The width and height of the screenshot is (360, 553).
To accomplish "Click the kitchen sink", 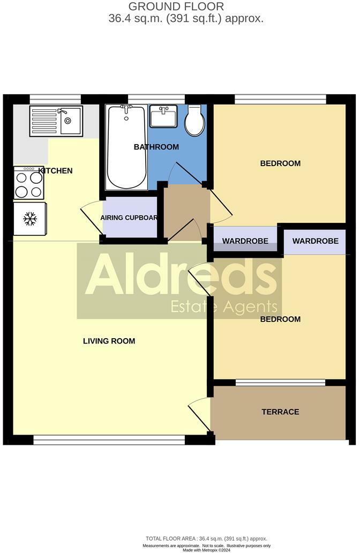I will point(56,120).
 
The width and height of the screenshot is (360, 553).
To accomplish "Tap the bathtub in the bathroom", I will point(126,147).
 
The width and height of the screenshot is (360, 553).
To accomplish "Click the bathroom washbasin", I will point(163,116).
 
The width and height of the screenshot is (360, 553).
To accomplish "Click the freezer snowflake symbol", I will point(29,218).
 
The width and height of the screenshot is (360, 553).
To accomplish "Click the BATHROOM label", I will point(156,147).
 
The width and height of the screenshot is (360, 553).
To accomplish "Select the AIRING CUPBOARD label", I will point(129,218).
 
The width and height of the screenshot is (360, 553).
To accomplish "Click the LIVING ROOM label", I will point(109,341).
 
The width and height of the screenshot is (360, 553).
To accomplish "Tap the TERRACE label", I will point(280,412).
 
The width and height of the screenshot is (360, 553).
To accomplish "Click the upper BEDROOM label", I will point(280,163).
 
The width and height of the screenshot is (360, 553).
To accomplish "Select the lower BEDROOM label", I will point(280,319).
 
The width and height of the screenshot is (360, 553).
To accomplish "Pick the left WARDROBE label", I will point(245,241).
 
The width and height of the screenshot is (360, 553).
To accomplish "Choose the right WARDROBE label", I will point(315,241).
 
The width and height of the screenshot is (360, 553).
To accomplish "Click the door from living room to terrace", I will point(199,415).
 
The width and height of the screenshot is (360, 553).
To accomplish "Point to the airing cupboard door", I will point(91,217).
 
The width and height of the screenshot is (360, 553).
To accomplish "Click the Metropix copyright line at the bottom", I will point(206,550).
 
